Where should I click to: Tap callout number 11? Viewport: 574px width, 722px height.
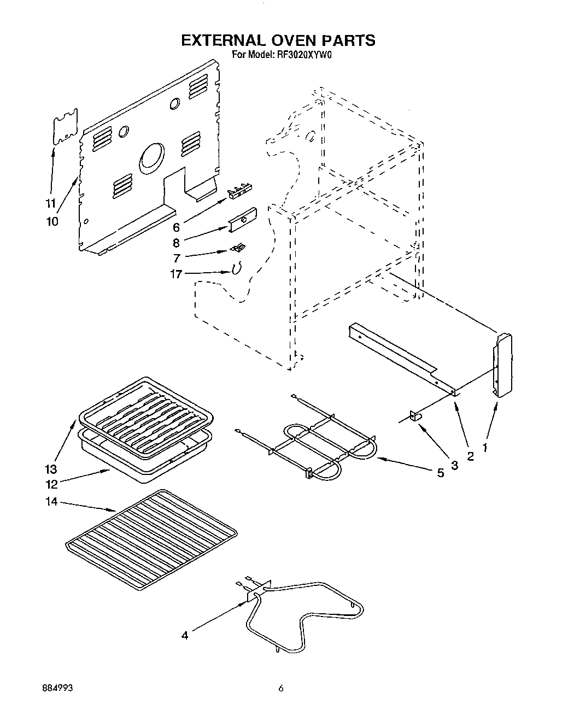point(50,203)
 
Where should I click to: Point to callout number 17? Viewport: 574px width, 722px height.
point(175,274)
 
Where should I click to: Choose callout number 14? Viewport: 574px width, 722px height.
point(51,501)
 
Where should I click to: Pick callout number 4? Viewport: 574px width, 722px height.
point(185,635)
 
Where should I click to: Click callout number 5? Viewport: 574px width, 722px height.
point(440,473)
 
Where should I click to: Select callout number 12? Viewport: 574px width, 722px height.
point(51,484)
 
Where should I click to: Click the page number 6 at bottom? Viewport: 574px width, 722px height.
point(280,690)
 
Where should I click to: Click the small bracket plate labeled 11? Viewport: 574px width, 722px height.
point(65,127)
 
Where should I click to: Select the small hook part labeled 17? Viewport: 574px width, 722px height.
point(237,268)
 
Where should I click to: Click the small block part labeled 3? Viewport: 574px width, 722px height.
point(415,416)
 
